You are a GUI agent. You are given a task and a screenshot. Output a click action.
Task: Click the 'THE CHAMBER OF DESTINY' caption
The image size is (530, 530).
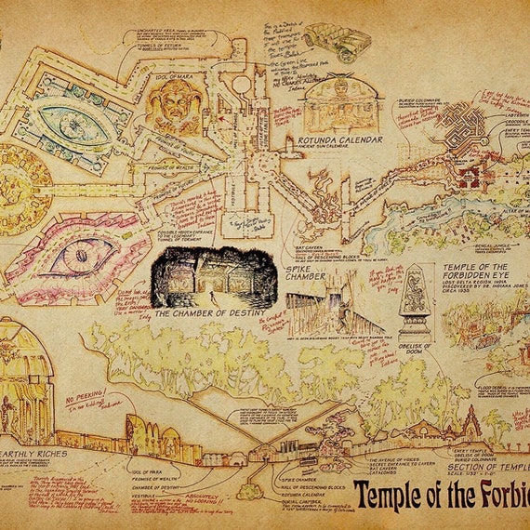coord(210,312)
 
